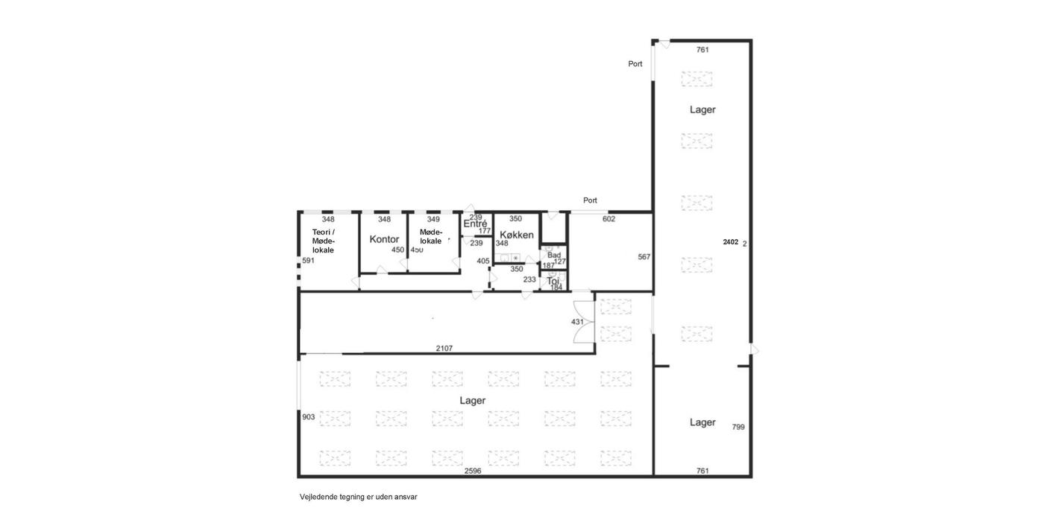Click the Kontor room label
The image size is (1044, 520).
click(x=384, y=239)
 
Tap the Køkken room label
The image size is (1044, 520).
click(x=516, y=235)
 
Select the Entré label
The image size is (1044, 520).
click(x=475, y=224)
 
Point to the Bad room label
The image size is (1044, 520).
click(x=554, y=255)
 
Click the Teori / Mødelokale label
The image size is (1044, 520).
click(x=324, y=241)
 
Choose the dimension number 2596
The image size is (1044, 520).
click(x=473, y=471)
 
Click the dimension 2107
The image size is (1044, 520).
click(x=444, y=348)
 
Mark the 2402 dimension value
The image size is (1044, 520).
click(x=730, y=242)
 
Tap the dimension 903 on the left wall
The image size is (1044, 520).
click(x=309, y=417)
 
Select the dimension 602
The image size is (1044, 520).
click(x=609, y=219)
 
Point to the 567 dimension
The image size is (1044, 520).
click(x=644, y=257)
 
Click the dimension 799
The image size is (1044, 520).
click(x=738, y=427)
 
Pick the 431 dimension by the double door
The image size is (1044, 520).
click(x=577, y=322)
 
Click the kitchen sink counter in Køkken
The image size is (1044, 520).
click(x=509, y=258)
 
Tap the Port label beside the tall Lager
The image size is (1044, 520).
click(x=635, y=64)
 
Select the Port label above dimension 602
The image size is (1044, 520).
click(x=590, y=200)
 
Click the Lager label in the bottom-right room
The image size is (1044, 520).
click(x=702, y=422)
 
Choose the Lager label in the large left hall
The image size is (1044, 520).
click(x=473, y=400)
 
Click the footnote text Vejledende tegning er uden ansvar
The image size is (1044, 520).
click(x=359, y=497)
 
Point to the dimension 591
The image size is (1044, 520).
click(x=309, y=261)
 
